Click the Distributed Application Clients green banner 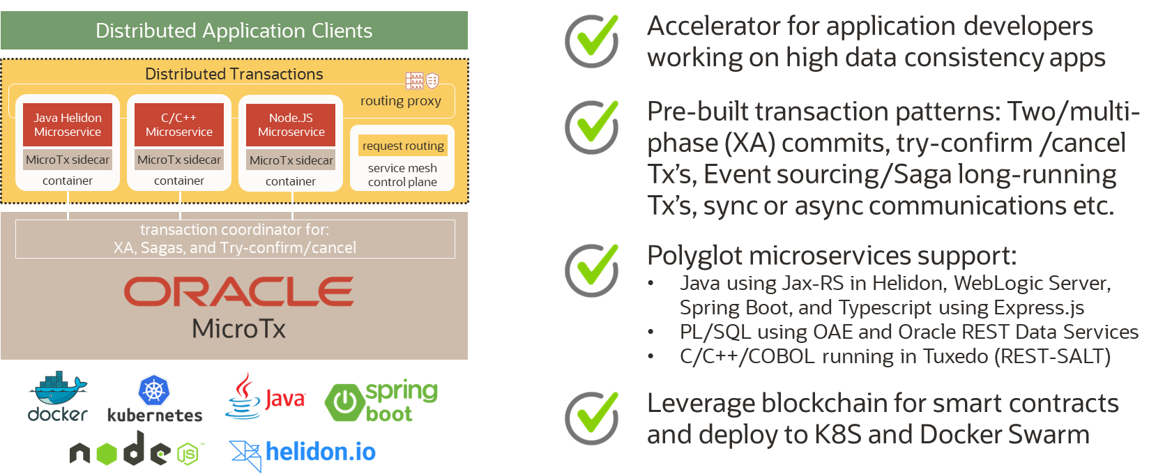[234, 31]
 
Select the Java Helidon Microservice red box [68, 125]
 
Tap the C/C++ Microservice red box [179, 125]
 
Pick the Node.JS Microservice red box [291, 125]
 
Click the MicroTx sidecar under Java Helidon [68, 160]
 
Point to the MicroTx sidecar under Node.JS [291, 160]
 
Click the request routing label [403, 146]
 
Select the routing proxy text [400, 101]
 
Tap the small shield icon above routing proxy [432, 81]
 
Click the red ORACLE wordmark [238, 291]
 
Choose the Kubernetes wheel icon [154, 390]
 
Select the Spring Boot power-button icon [344, 402]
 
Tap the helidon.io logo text [320, 452]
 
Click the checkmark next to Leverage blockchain [592, 418]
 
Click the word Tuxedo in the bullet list [954, 356]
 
